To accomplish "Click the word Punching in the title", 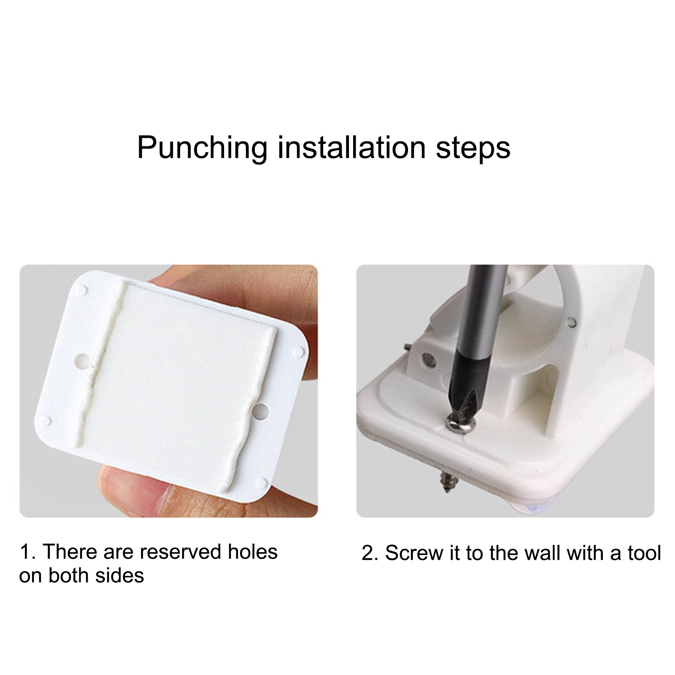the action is [202, 148].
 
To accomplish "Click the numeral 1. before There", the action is [28, 552].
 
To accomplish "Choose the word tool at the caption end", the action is [644, 553].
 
